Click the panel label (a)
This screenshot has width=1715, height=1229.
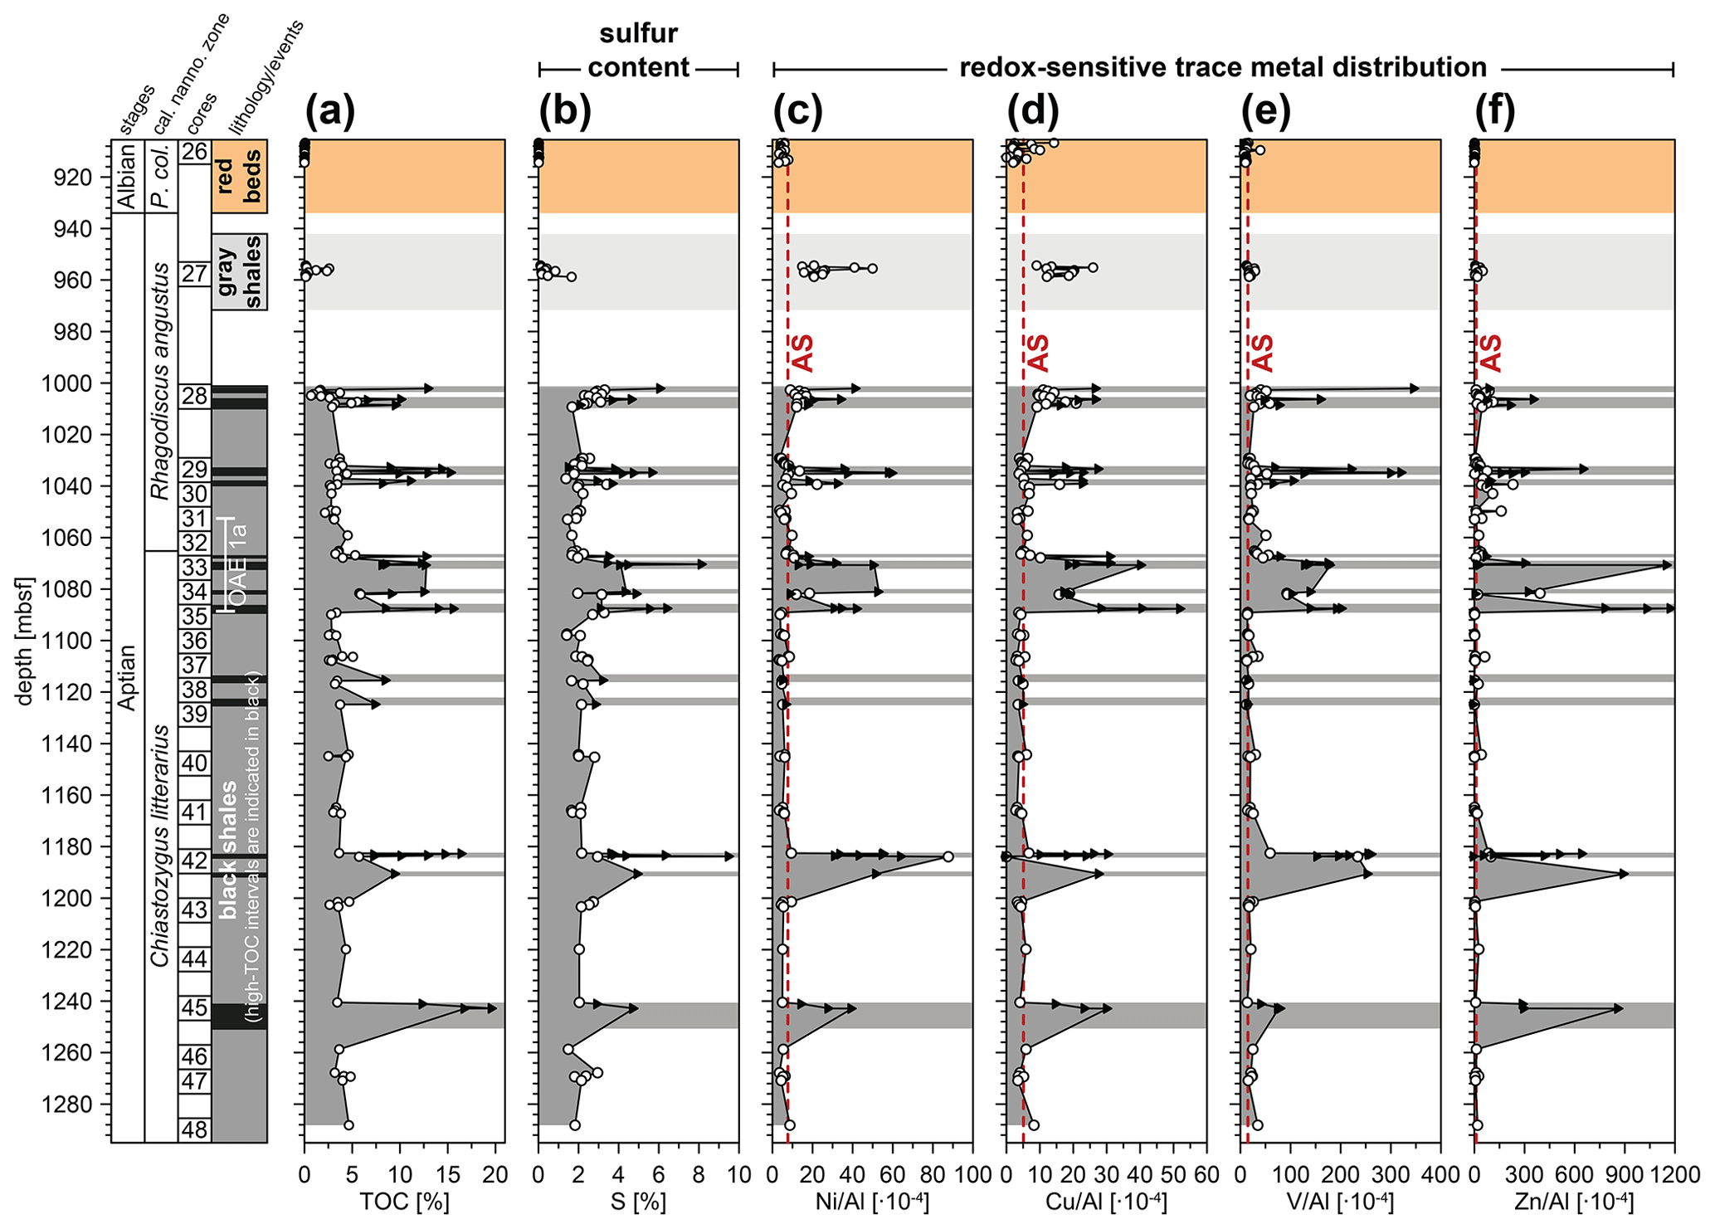coord(329,111)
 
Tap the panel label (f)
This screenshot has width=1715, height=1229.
coord(1495,111)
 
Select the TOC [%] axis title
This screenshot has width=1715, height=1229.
coord(404,1202)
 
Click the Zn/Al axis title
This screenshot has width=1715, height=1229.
coord(1574,1202)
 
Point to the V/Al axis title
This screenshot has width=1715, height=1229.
coord(1340,1202)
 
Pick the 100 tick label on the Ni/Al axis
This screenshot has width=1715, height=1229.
coord(972,1175)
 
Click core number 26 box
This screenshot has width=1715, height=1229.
coord(195,152)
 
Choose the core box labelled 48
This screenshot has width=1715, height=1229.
coord(195,1129)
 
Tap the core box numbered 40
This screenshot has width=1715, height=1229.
coord(195,763)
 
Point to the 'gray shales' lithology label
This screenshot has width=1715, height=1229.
coord(239,271)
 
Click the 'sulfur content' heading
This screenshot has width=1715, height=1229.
coord(639,51)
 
